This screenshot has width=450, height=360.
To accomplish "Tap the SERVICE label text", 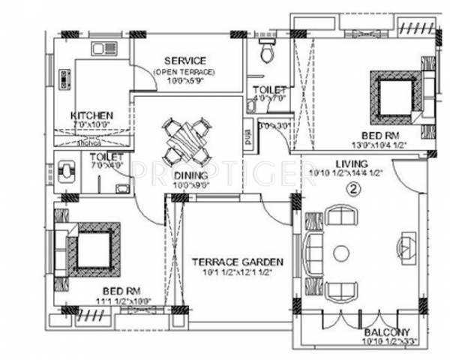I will click(x=185, y=61).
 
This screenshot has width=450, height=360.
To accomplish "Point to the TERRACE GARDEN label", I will click(x=237, y=262).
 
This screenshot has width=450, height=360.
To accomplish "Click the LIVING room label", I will click(x=351, y=163).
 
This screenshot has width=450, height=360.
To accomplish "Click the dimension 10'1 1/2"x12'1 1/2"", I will click(x=237, y=273).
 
